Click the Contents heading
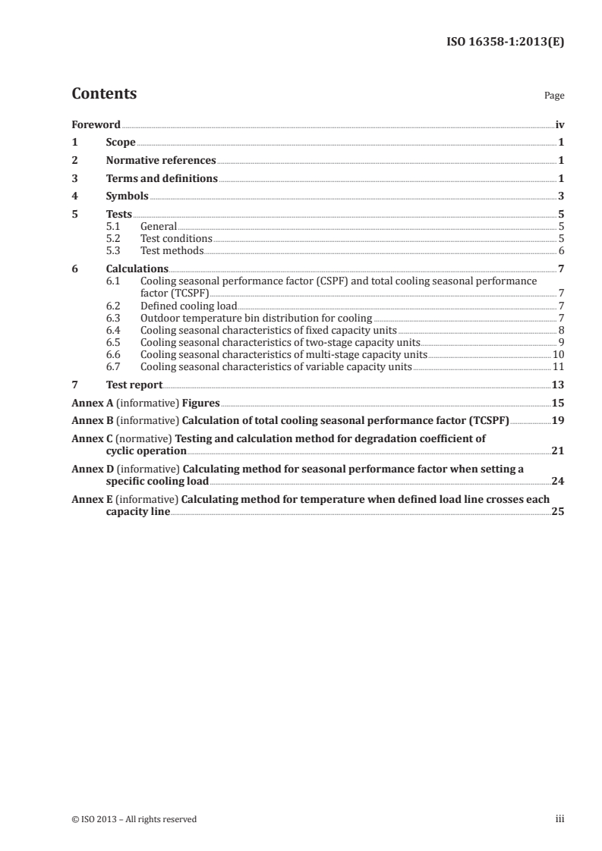click(104, 94)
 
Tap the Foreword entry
click(96, 124)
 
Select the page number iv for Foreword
click(559, 124)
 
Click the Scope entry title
click(121, 143)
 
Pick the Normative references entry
click(161, 161)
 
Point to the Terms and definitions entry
click(162, 179)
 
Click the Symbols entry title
click(127, 196)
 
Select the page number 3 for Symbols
click(561, 196)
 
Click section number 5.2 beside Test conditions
click(114, 239)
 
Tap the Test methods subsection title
click(172, 251)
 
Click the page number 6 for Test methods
click(561, 251)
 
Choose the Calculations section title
click(137, 268)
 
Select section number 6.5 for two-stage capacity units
click(114, 342)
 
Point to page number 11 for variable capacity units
click(558, 367)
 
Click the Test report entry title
click(134, 385)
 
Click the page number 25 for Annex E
click(558, 512)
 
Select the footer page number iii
click(559, 819)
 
